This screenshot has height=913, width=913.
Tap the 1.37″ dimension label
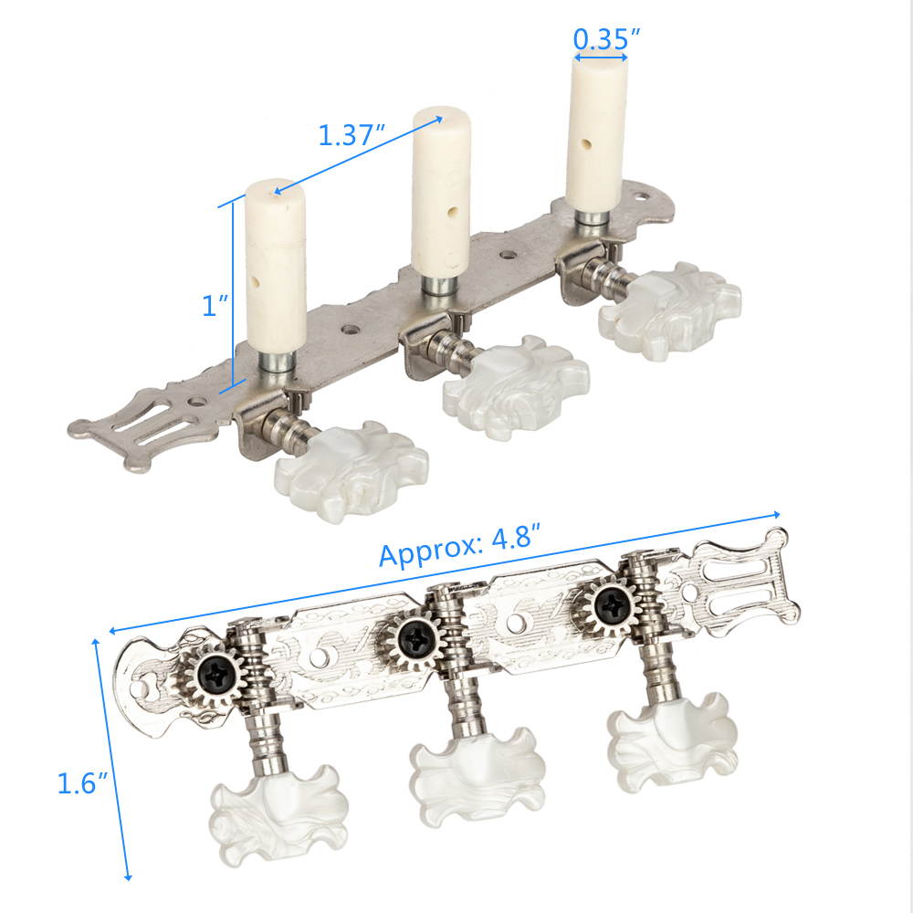tap(348, 135)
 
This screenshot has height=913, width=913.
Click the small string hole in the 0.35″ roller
tap(584, 143)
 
